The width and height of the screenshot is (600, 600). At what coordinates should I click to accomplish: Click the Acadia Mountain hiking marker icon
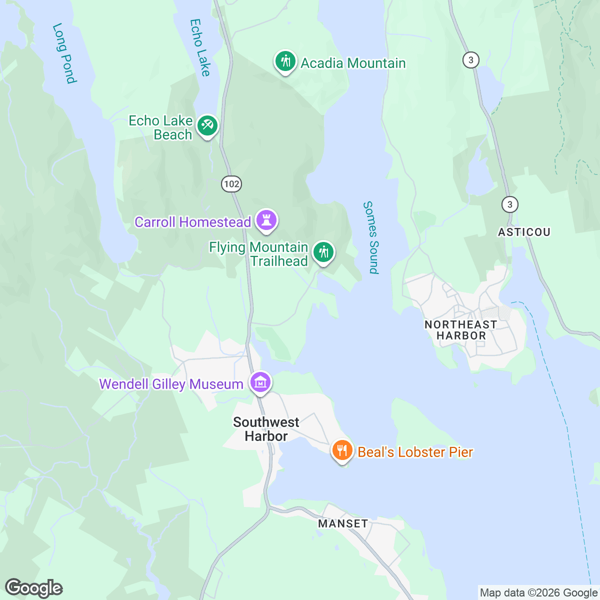click(x=285, y=61)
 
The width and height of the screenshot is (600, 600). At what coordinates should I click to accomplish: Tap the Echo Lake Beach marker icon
click(x=207, y=125)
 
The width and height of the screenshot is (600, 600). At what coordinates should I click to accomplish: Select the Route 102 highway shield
click(x=231, y=183)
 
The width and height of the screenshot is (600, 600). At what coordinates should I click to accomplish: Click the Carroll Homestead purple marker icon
click(x=266, y=220)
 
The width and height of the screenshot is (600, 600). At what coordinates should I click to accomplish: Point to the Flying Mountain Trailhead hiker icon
click(x=323, y=252)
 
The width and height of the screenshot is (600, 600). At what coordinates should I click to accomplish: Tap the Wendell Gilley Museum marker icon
click(x=260, y=382)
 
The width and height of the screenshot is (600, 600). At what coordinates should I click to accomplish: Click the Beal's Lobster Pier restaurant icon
click(x=342, y=450)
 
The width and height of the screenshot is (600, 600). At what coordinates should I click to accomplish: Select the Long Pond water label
click(x=64, y=53)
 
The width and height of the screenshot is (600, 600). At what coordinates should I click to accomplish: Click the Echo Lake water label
click(x=199, y=47)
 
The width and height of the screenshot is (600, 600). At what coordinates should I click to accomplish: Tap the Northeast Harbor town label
click(x=460, y=330)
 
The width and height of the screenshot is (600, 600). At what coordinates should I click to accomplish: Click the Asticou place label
click(x=524, y=232)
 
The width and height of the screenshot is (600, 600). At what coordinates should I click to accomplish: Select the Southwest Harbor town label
click(x=266, y=429)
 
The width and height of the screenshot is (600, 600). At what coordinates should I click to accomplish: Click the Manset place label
click(x=343, y=523)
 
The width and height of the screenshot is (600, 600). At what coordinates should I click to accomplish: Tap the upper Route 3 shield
click(x=470, y=60)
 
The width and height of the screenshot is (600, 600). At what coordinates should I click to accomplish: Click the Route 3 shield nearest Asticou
click(x=509, y=204)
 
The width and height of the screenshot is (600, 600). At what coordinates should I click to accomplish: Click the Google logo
click(x=33, y=588)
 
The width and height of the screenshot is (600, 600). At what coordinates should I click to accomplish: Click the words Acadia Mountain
click(x=353, y=63)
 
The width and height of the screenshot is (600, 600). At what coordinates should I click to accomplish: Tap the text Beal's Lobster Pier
click(x=415, y=452)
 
